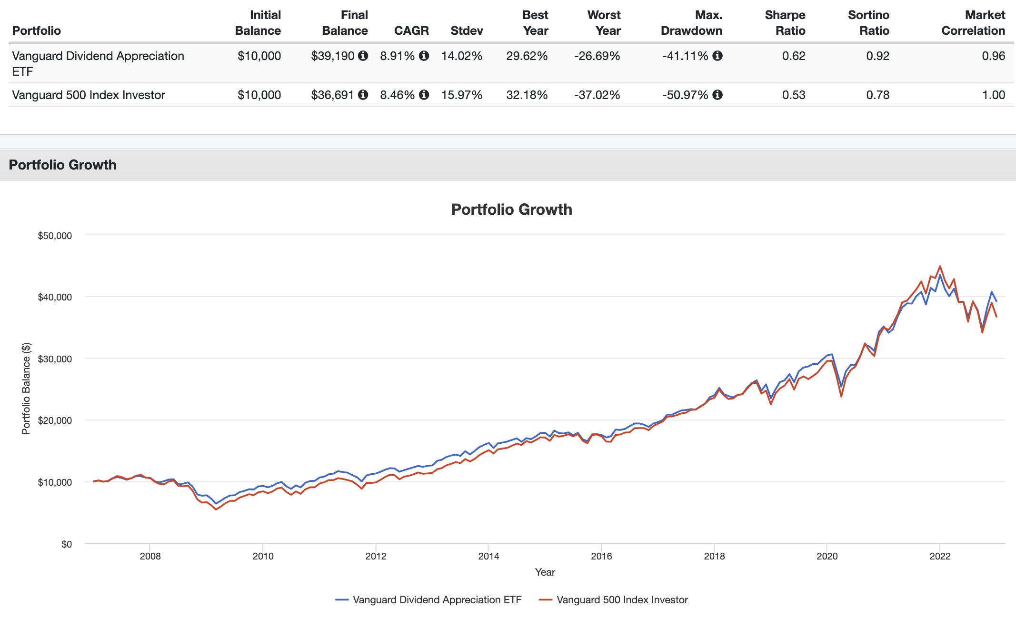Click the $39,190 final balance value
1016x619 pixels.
click(x=332, y=56)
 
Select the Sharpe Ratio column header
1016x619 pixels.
click(x=785, y=23)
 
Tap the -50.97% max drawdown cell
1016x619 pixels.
click(x=685, y=95)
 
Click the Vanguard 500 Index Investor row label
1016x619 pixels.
click(x=89, y=95)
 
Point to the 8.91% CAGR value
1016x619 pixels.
click(x=397, y=56)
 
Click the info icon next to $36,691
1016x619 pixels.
click(x=363, y=95)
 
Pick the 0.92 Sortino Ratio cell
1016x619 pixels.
click(x=877, y=56)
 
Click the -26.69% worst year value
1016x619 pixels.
click(x=597, y=56)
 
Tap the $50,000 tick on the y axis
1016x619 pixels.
click(x=55, y=236)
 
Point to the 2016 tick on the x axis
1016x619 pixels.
click(x=601, y=556)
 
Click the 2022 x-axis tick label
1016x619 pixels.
click(x=940, y=556)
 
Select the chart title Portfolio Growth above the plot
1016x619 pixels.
click(x=511, y=210)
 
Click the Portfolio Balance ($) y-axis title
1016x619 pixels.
click(x=26, y=389)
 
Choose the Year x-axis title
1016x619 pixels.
click(x=545, y=572)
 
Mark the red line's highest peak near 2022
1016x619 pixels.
click(x=940, y=266)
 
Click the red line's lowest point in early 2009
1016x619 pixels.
click(x=216, y=509)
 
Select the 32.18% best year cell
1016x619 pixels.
click(x=527, y=95)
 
